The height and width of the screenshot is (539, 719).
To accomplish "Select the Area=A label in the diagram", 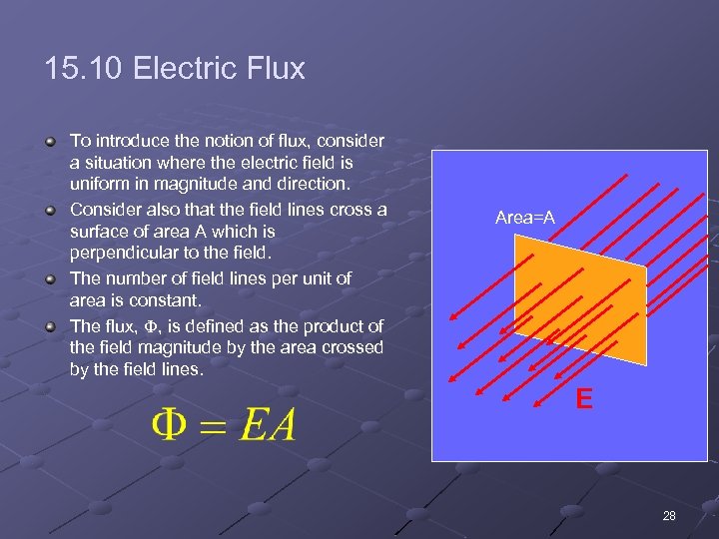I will coord(525,218).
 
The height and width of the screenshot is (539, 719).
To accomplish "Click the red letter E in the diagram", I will coord(583,400).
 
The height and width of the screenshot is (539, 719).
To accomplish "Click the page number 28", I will coord(669,516).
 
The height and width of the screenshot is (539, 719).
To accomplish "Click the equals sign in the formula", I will coord(213,427).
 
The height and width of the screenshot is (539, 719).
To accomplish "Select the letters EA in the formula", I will coord(267,426).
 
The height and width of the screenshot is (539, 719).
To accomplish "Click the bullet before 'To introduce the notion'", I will coord(51,142).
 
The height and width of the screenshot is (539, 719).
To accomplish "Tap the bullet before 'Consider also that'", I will coord(51,210).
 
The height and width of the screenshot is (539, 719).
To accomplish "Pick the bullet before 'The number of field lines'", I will coord(51,278).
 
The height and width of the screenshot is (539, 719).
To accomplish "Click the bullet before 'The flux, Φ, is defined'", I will coord(51,325).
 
